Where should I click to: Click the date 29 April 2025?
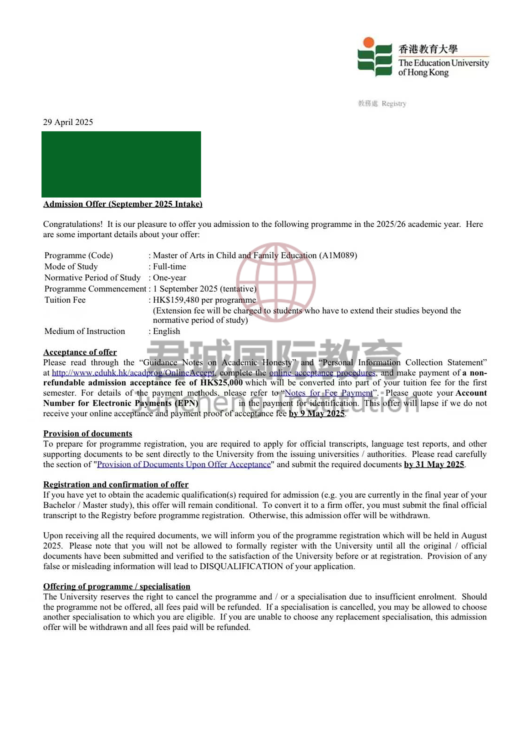tap(68, 122)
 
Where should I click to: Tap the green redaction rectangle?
tap(121, 164)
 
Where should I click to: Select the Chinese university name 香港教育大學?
tap(428, 49)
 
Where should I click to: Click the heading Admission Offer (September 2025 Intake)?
tap(123, 204)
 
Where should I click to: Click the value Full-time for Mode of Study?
tap(169, 266)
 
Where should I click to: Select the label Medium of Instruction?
tap(84, 331)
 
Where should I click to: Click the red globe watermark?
tap(276, 282)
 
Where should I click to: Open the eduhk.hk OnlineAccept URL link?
tap(133, 373)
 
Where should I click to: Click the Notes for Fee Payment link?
tap(329, 393)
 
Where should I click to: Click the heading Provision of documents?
tap(88, 434)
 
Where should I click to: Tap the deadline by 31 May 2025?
tap(434, 464)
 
